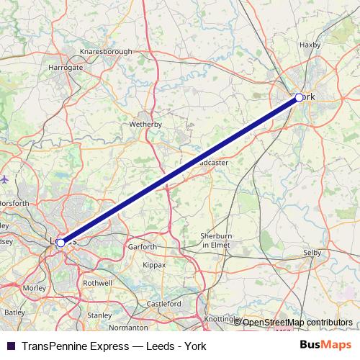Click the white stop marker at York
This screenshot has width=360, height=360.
coord(299,97)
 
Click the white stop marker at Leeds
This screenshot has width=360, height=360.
coord(60,243)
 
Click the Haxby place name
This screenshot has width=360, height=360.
coord(309,45)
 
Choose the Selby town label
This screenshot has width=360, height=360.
coord(312,253)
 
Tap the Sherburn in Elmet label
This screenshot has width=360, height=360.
coord(216,240)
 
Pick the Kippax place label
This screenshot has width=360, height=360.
coord(154,265)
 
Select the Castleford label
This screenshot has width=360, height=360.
coord(164,305)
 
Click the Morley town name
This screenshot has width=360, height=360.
coord(35,288)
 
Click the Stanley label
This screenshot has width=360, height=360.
coord(99,315)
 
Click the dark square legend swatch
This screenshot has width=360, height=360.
coord(10,346)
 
